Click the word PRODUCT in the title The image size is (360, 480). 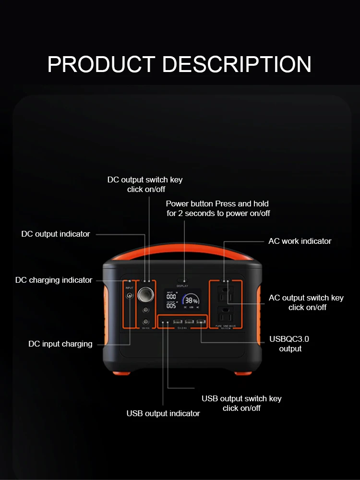pos(101,64)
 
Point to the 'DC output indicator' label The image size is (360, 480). pos(56,234)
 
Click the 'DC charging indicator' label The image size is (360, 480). pos(54,280)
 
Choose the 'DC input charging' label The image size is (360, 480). pos(60,344)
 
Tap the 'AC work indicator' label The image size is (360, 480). pos(300,241)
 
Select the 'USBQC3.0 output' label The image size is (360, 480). pos(289,344)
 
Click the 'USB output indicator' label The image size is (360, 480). pos(163,413)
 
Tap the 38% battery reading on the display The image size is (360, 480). pos(190,299)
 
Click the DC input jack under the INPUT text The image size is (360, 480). pos(129,296)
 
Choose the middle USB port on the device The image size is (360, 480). pos(189,322)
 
